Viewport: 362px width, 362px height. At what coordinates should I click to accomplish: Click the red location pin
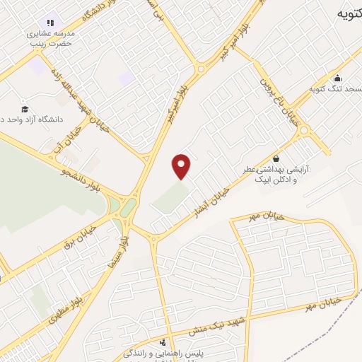pyautogui.click(x=182, y=166)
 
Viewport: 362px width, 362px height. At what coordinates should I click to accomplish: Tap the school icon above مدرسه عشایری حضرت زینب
pyautogui.click(x=50, y=22)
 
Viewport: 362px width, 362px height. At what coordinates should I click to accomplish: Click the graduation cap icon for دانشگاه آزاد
pyautogui.click(x=25, y=109)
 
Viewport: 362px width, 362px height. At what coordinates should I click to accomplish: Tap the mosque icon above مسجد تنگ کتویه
pyautogui.click(x=337, y=78)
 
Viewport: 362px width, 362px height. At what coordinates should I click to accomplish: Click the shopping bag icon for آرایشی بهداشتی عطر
pyautogui.click(x=275, y=158)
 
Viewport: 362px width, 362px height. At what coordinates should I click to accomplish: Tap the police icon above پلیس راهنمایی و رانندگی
pyautogui.click(x=163, y=342)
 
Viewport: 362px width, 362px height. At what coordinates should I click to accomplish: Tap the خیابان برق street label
pyautogui.click(x=89, y=233)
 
